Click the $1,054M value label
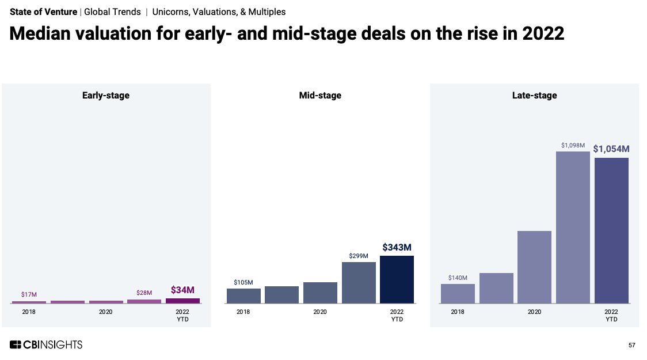tap(611, 149)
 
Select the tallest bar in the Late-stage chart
tap(573, 228)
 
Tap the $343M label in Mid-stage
tap(397, 247)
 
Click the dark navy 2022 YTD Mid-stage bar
tap(397, 279)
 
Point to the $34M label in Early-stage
tap(182, 290)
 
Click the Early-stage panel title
tap(106, 96)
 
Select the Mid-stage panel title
tap(320, 96)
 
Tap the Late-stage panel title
tap(534, 96)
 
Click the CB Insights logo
tap(46, 344)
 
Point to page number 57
tap(631, 345)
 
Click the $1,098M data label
tap(573, 145)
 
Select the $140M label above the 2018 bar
tap(458, 278)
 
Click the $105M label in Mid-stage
tap(243, 282)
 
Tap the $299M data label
tap(359, 256)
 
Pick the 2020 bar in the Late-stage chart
tap(534, 267)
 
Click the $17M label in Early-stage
tap(29, 294)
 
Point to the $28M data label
tap(144, 293)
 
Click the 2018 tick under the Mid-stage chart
tap(243, 312)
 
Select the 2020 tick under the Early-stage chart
tap(106, 312)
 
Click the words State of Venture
tap(43, 12)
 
